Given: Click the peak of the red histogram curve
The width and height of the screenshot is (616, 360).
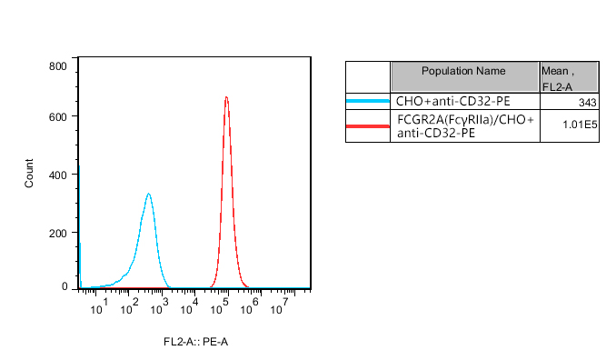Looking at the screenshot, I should (226, 97).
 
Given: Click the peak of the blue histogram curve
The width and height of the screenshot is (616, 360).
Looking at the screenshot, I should (148, 194).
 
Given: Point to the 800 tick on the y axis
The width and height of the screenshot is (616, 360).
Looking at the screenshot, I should (58, 66).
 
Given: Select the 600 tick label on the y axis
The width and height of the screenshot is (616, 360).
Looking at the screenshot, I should (58, 116).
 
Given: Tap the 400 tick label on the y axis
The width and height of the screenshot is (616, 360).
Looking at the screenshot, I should (58, 175).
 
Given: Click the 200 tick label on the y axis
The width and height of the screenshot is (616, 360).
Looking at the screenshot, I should (58, 233).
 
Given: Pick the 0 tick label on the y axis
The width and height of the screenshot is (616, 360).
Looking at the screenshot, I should (65, 287).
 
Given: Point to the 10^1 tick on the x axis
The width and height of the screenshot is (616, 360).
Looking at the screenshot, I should (100, 305).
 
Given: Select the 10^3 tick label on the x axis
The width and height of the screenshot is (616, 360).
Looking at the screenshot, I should (159, 305).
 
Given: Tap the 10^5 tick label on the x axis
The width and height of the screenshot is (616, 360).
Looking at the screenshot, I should (220, 305).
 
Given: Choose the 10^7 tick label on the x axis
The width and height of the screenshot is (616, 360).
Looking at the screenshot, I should (281, 305).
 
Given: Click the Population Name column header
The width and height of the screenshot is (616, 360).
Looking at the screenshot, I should (464, 71).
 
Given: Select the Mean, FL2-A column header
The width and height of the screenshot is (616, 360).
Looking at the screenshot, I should (569, 78).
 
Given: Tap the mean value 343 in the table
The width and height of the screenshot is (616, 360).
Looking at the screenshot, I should (586, 102).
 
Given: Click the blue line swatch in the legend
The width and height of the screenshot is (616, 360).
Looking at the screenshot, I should (368, 101).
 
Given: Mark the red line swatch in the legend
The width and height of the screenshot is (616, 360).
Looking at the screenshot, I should (368, 125).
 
